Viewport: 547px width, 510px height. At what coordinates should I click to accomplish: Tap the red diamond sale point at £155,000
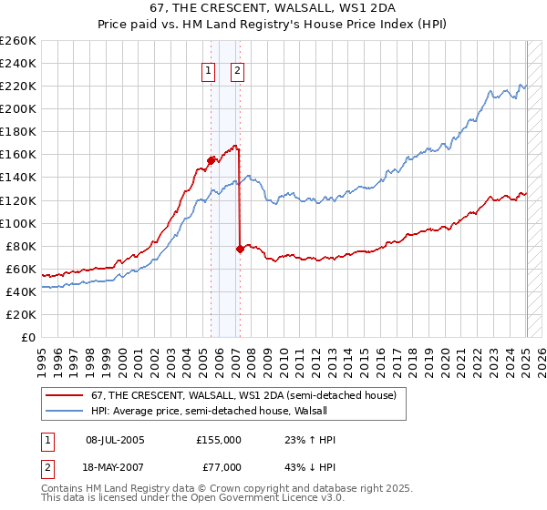(211, 160)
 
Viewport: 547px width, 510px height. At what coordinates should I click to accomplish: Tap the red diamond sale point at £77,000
(240, 248)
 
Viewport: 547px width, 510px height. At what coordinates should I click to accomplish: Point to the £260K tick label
(18, 41)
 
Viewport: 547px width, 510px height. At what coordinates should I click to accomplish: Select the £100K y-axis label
(18, 223)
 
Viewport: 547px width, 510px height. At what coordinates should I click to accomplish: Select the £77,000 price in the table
(219, 467)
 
